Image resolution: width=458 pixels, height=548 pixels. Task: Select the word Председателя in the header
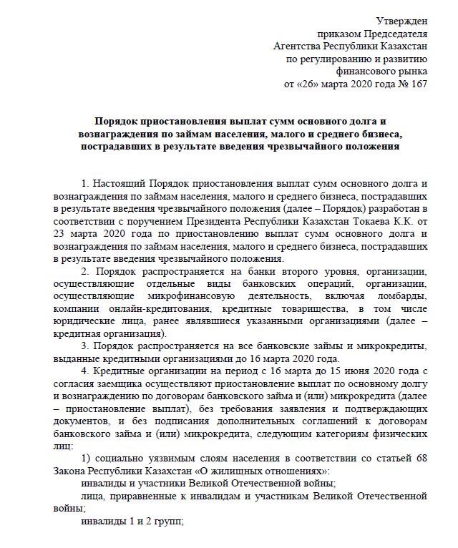396,33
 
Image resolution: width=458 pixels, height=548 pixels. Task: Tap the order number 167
419,84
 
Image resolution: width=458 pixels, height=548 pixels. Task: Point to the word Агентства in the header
297,46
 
